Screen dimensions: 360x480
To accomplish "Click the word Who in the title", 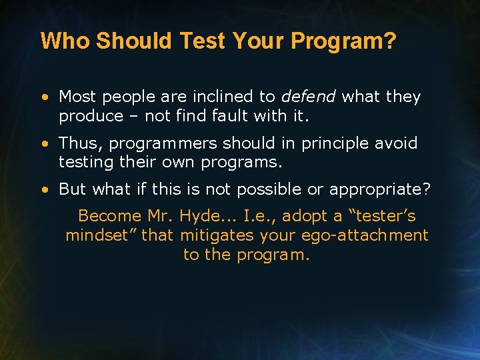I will coord(65,41).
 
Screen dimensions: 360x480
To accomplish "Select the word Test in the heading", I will coord(205,41).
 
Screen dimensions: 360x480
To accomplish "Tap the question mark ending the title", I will coord(391,41).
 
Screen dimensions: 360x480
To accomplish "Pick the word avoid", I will coord(398,143).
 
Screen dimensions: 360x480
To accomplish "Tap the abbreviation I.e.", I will coord(258,216).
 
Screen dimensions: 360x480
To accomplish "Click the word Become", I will coord(110,216).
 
